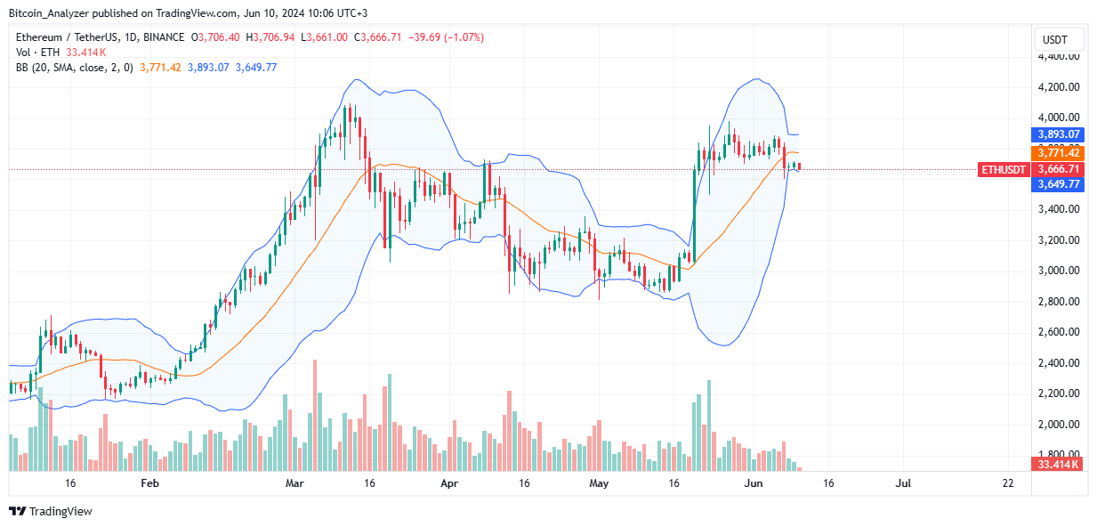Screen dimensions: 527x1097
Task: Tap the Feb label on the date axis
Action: [149, 483]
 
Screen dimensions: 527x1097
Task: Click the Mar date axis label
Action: [294, 483]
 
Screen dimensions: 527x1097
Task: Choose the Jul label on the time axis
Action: [903, 483]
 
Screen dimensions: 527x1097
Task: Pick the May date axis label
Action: [600, 483]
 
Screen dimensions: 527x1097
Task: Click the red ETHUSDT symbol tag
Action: [1003, 169]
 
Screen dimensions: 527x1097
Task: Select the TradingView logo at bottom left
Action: [51, 511]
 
